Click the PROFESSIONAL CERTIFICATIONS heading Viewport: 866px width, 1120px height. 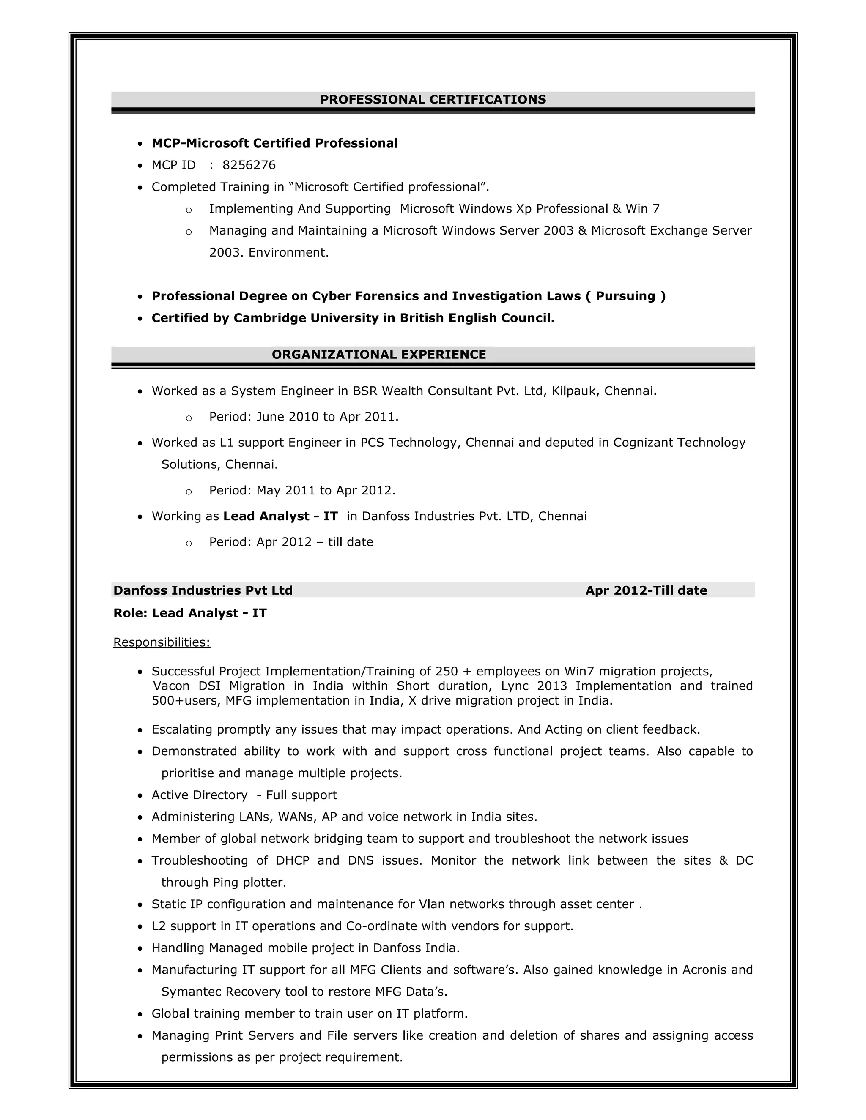coord(433,99)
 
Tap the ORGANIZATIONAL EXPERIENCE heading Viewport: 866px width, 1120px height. coord(378,354)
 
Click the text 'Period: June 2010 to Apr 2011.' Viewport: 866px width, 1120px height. coord(304,417)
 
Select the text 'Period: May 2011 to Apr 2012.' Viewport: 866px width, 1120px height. coord(302,491)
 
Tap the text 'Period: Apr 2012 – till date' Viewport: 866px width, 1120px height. coord(291,542)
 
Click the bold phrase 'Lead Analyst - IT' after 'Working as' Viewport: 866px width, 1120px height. coord(280,516)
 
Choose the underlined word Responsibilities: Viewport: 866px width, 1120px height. coord(162,642)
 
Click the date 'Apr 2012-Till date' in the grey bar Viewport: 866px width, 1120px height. coord(646,591)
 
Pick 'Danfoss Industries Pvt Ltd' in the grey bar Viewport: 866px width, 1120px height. coord(203,591)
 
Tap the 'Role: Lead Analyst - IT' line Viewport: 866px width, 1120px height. coord(190,613)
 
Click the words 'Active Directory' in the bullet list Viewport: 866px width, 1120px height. coord(199,795)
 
